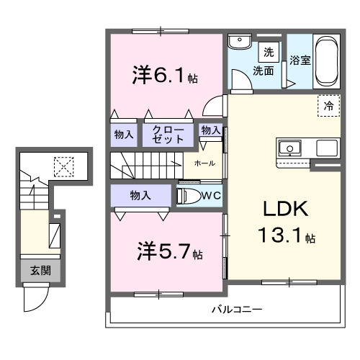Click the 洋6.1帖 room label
(165, 74)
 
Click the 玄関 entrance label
(40, 271)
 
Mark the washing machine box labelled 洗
(268, 53)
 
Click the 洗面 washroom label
(262, 71)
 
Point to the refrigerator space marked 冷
(328, 106)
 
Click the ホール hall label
(204, 164)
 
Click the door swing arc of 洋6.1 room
(214, 107)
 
